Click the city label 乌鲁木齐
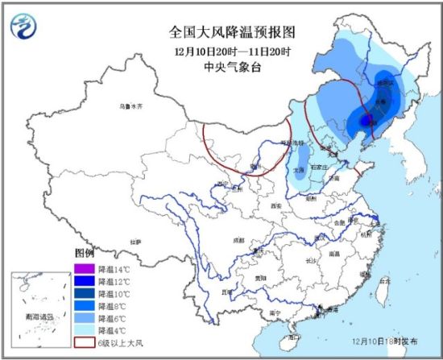point(130,106)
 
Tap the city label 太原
point(299,170)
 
